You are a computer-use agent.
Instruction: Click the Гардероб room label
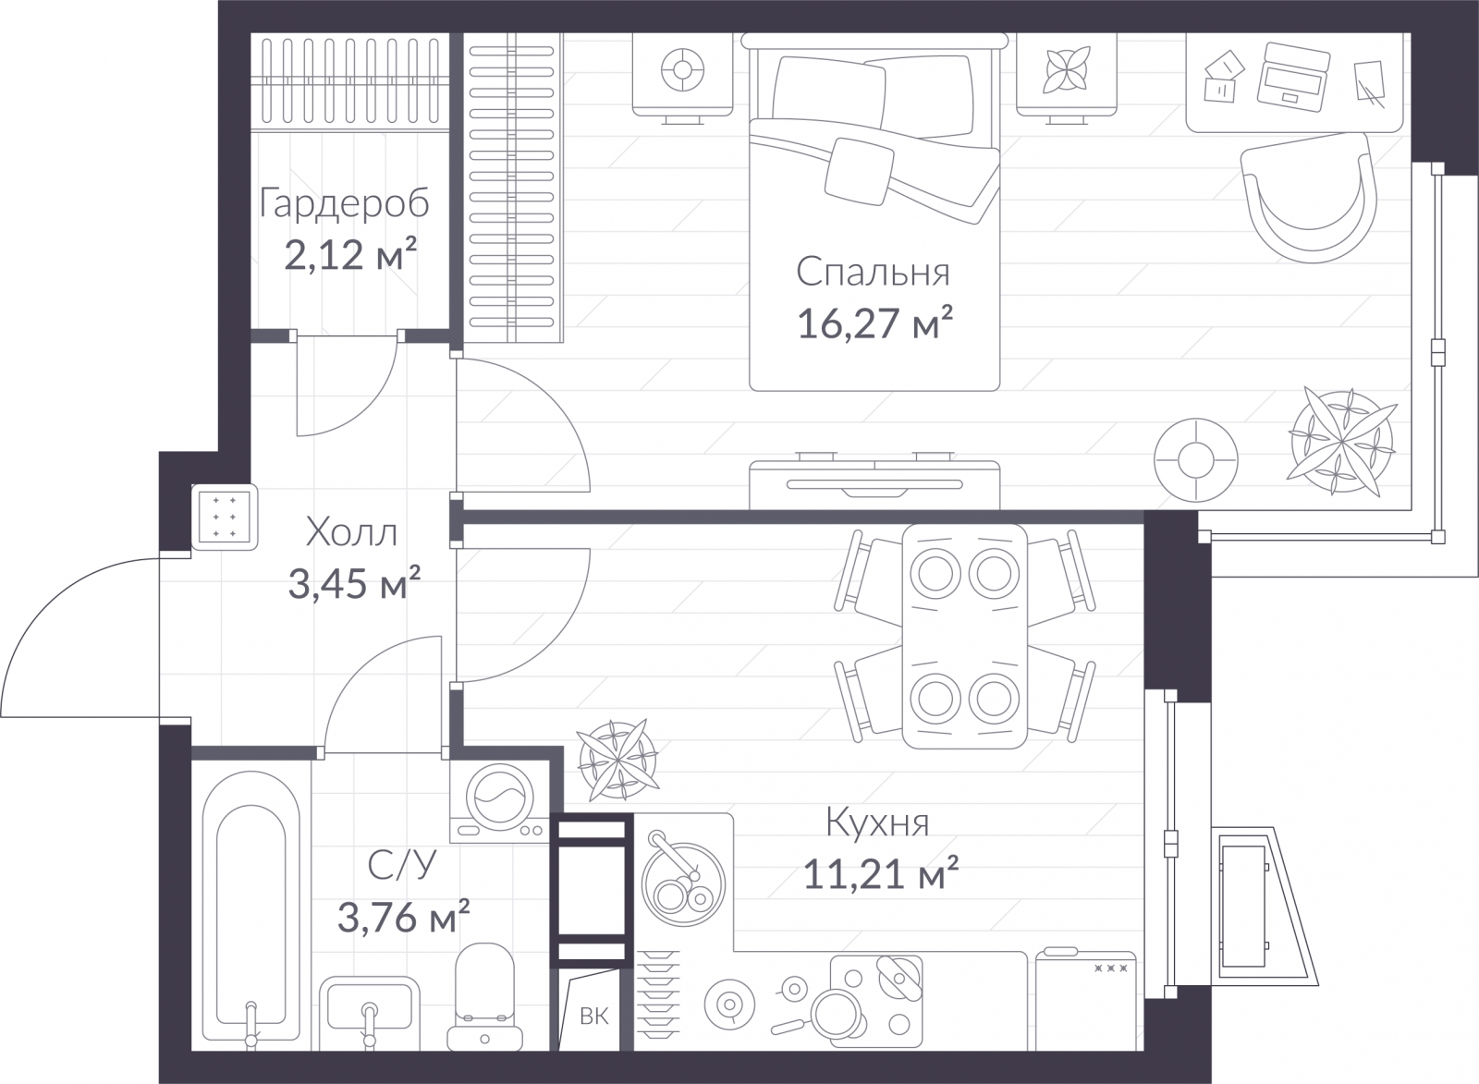pyautogui.click(x=344, y=203)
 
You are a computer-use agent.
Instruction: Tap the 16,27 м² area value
pyautogui.click(x=874, y=323)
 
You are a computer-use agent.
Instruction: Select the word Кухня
pyautogui.click(x=877, y=823)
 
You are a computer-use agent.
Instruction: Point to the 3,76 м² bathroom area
pyautogui.click(x=403, y=916)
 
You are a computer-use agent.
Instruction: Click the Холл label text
pyautogui.click(x=351, y=532)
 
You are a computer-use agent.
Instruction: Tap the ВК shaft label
pyautogui.click(x=593, y=1016)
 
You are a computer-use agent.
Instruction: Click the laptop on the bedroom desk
pyautogui.click(x=1293, y=75)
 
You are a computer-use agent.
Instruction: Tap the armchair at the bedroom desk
pyautogui.click(x=1309, y=198)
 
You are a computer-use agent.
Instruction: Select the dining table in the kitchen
pyautogui.click(x=965, y=637)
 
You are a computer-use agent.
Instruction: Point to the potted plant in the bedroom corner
pyautogui.click(x=1341, y=442)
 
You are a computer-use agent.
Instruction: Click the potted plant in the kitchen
pyautogui.click(x=617, y=760)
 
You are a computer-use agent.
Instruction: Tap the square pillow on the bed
pyautogui.click(x=859, y=171)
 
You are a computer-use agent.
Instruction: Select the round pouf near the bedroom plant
pyautogui.click(x=1196, y=460)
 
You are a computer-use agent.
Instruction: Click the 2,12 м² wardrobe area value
pyautogui.click(x=350, y=254)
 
